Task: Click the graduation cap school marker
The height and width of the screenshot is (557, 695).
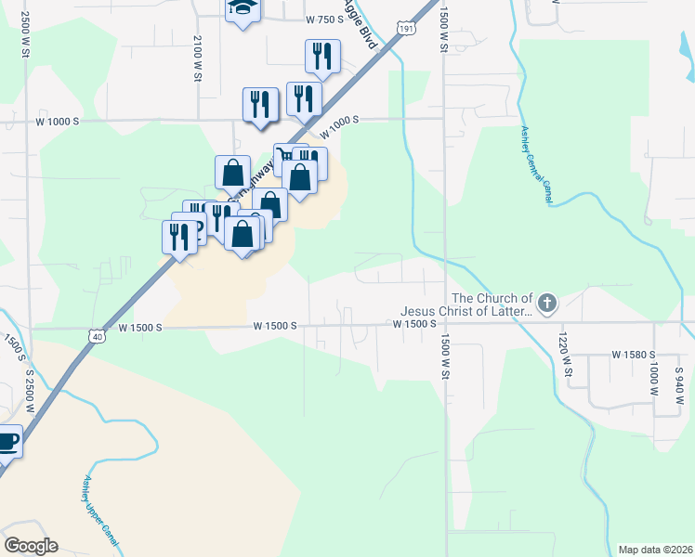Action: coord(243,8)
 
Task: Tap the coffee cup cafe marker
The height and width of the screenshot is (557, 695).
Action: coord(6,441)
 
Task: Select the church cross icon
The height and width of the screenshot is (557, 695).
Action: coord(547,302)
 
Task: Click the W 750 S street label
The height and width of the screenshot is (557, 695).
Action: coord(324,19)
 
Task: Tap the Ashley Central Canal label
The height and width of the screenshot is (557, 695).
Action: coord(538,165)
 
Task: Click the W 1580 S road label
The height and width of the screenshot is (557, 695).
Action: coord(635,355)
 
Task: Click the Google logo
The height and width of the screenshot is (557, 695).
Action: coord(30,546)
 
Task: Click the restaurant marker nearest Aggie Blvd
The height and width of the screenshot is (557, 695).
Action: coord(322,58)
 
